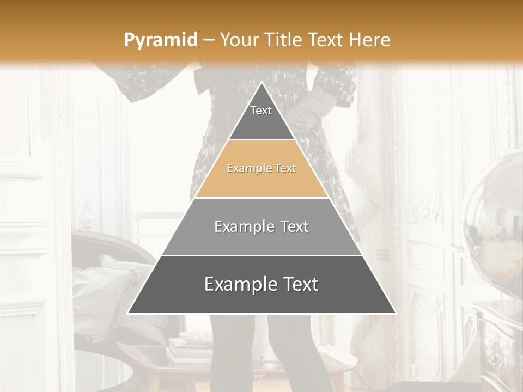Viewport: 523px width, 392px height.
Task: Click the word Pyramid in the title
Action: pyautogui.click(x=160, y=40)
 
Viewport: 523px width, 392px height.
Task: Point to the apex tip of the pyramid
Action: pyautogui.click(x=261, y=82)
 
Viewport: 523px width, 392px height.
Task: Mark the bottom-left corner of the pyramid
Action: pyautogui.click(x=128, y=313)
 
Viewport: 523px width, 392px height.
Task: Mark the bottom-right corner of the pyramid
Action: pyautogui.click(x=395, y=313)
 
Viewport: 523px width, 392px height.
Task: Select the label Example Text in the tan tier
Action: pyautogui.click(x=261, y=169)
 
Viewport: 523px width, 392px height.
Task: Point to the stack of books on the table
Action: pyautogui.click(x=188, y=348)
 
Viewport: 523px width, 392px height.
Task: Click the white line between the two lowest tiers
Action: pyautogui.click(x=261, y=255)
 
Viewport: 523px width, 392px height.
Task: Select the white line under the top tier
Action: pyautogui.click(x=261, y=140)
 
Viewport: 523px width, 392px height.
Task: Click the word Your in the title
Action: pyautogui.click(x=238, y=40)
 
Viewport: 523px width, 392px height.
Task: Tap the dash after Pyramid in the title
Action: pyautogui.click(x=208, y=40)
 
